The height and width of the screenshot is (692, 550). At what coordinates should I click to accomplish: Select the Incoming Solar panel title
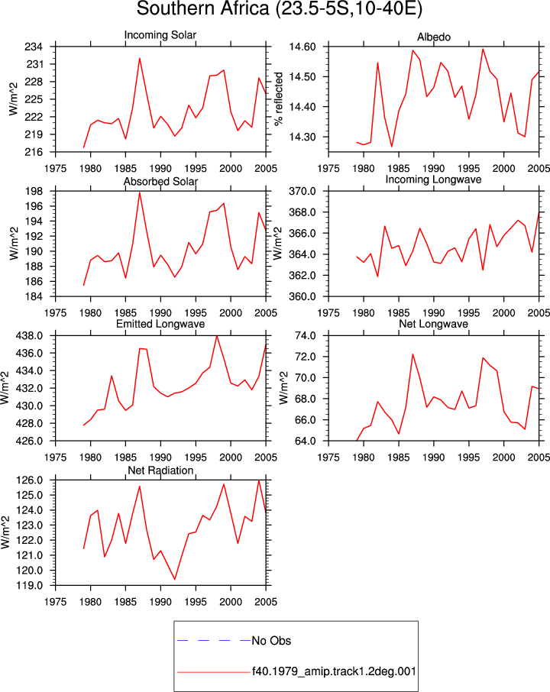(x=160, y=35)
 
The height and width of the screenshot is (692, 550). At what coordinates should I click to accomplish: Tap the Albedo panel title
(x=434, y=37)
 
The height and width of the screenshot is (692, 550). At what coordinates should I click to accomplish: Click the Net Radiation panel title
(x=160, y=470)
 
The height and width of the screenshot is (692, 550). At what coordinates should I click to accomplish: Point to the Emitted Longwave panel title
(x=160, y=324)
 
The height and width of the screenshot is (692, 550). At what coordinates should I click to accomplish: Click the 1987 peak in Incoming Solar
(x=140, y=58)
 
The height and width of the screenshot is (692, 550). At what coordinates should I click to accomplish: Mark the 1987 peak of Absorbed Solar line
(x=140, y=192)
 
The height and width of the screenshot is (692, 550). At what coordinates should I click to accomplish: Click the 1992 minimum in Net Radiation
(x=175, y=579)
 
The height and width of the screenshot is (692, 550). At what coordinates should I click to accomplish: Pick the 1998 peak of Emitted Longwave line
(x=217, y=336)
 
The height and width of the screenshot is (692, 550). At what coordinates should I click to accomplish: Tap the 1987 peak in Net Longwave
(x=412, y=354)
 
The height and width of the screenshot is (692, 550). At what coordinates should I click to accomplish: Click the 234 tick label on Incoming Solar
(x=34, y=47)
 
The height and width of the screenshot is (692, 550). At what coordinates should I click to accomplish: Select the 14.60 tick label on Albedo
(x=302, y=47)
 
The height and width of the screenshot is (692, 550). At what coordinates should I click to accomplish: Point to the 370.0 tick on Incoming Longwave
(x=302, y=192)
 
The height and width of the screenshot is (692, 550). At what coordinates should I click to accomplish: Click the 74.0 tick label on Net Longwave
(x=306, y=336)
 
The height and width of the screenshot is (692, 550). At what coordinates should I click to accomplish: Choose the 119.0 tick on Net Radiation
(x=30, y=586)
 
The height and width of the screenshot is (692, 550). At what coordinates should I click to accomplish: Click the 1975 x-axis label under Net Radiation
(x=56, y=602)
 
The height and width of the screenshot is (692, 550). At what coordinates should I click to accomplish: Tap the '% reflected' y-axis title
(x=279, y=99)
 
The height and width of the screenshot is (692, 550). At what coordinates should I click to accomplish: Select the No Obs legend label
(x=271, y=641)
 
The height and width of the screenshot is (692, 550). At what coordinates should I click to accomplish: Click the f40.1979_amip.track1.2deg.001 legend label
(x=334, y=671)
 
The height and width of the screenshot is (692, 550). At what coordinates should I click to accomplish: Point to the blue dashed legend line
(x=214, y=640)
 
